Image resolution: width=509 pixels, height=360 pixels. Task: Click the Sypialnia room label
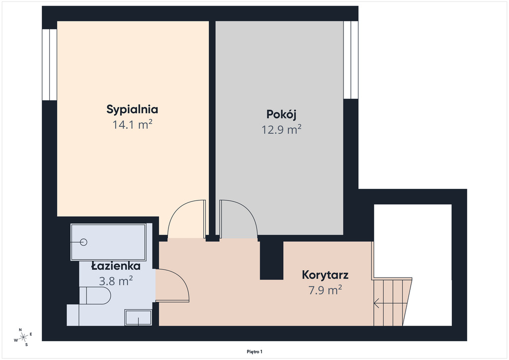(x=132, y=110)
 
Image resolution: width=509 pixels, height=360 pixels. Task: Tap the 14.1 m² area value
(x=132, y=125)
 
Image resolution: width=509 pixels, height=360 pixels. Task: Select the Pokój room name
(x=281, y=114)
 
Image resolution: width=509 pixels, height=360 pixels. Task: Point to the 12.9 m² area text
(x=281, y=129)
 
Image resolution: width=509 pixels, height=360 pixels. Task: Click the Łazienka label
(x=116, y=266)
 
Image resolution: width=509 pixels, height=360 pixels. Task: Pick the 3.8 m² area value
(x=116, y=281)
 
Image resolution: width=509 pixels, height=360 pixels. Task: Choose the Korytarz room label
(x=325, y=275)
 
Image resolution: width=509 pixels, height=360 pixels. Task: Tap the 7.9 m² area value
(x=325, y=290)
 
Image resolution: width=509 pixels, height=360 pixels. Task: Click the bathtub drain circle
(x=84, y=242)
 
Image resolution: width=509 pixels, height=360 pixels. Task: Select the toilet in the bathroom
(x=95, y=295)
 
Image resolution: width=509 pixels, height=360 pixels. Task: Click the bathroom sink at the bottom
(x=138, y=317)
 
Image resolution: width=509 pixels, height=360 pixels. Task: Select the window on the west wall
(x=50, y=65)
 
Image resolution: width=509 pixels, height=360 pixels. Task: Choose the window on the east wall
(x=351, y=60)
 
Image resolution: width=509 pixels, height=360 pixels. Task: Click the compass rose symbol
(x=23, y=337)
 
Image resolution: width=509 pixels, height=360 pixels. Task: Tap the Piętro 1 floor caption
(x=254, y=352)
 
